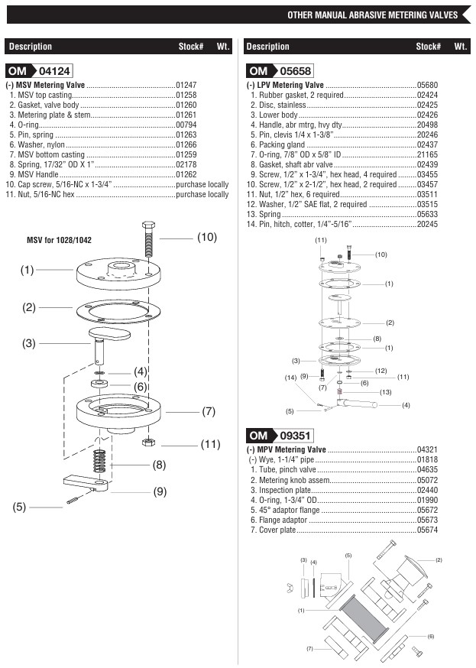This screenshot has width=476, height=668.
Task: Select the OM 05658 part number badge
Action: tap(279, 70)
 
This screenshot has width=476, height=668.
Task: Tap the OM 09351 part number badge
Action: tap(279, 436)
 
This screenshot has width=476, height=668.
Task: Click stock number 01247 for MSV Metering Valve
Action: tap(186, 85)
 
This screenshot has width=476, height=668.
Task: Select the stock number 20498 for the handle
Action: tap(427, 125)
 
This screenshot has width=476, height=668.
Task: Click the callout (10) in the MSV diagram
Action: tap(207, 238)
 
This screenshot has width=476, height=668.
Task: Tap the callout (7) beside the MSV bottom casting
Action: tap(209, 411)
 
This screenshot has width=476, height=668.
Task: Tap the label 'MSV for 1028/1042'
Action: tap(59, 240)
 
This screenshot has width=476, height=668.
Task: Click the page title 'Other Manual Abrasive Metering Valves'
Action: tap(372, 15)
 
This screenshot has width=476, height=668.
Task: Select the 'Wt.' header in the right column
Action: tap(461, 47)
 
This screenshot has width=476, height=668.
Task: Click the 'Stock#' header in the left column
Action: tap(190, 47)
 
